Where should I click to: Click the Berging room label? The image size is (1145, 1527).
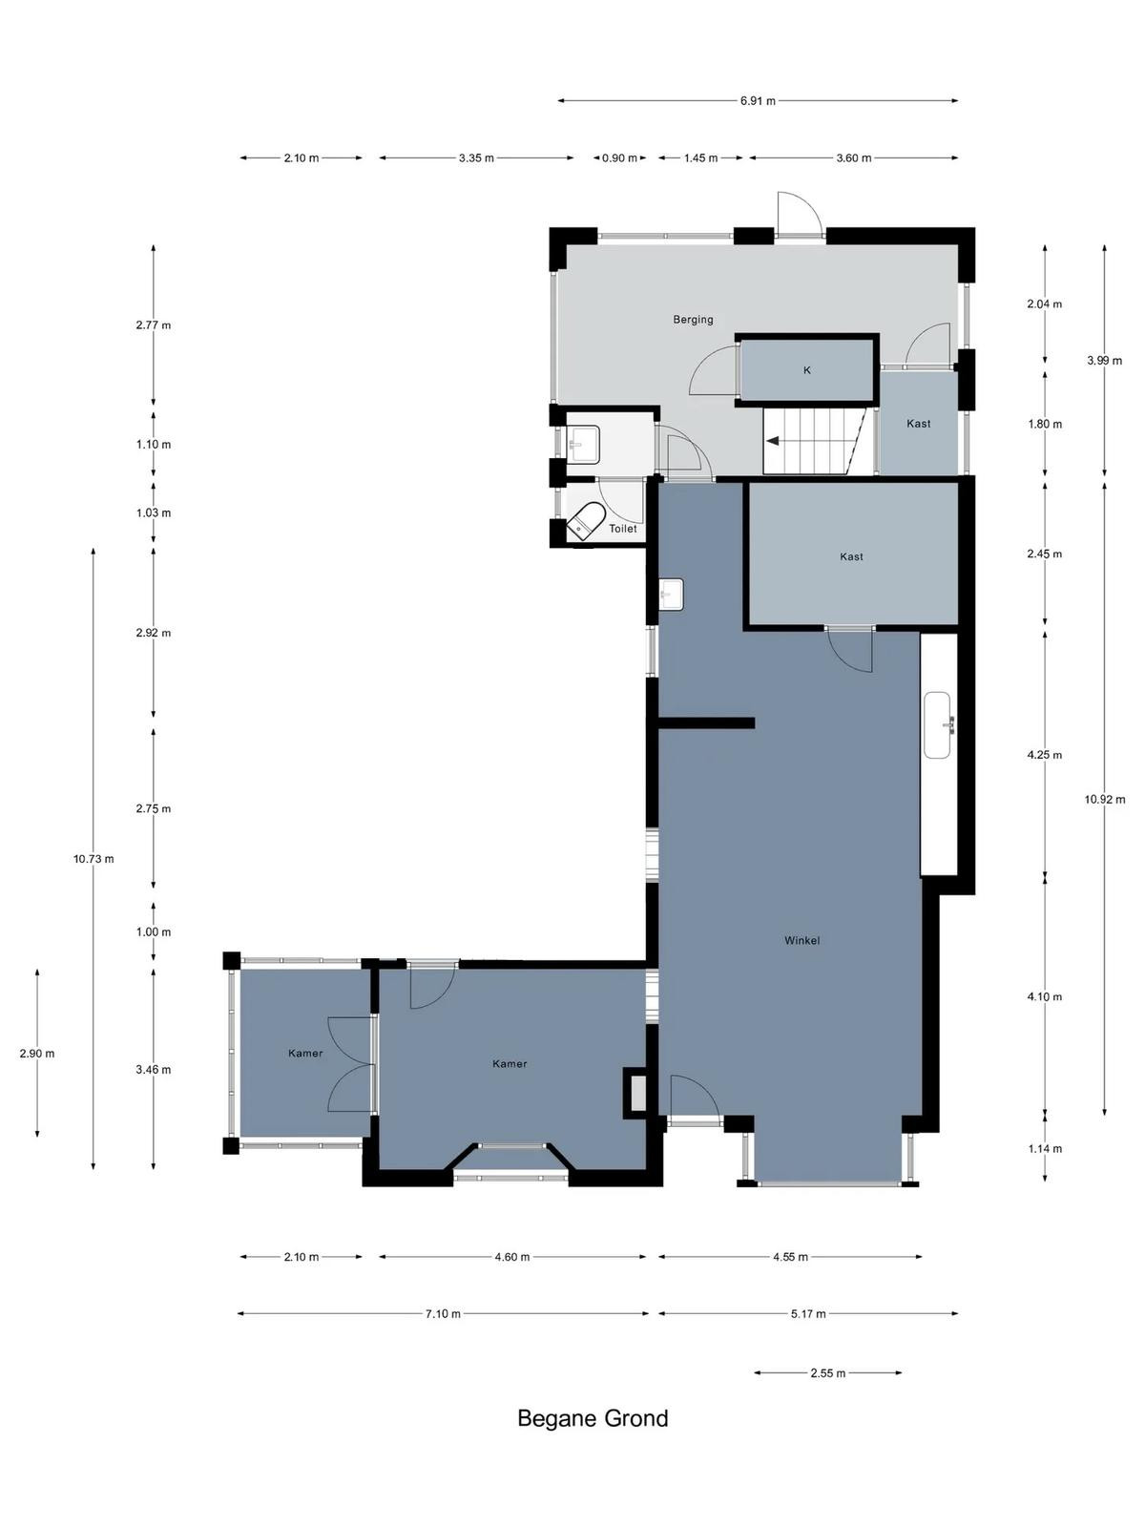pos(693,320)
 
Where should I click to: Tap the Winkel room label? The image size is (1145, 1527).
pos(801,941)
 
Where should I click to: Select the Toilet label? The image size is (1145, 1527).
pos(622,529)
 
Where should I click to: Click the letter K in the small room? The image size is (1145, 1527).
pos(807,370)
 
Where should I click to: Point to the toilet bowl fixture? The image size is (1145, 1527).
pos(585,522)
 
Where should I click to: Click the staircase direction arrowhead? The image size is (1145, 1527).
pos(771,440)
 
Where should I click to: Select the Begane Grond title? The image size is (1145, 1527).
pos(593,1418)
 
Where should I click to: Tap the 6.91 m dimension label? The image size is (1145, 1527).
pos(758,101)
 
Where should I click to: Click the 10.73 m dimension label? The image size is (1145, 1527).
pos(94,858)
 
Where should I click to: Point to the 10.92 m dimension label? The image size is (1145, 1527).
pos(1105,800)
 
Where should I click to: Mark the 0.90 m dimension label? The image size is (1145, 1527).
pos(619,157)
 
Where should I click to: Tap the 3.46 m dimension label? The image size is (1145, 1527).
pos(154,1069)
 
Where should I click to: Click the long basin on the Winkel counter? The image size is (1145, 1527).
pos(939,725)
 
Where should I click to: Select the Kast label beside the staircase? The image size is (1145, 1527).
pos(918,424)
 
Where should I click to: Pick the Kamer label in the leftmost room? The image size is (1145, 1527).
pos(305,1054)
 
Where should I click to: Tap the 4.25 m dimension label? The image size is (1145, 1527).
pos(1045,755)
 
